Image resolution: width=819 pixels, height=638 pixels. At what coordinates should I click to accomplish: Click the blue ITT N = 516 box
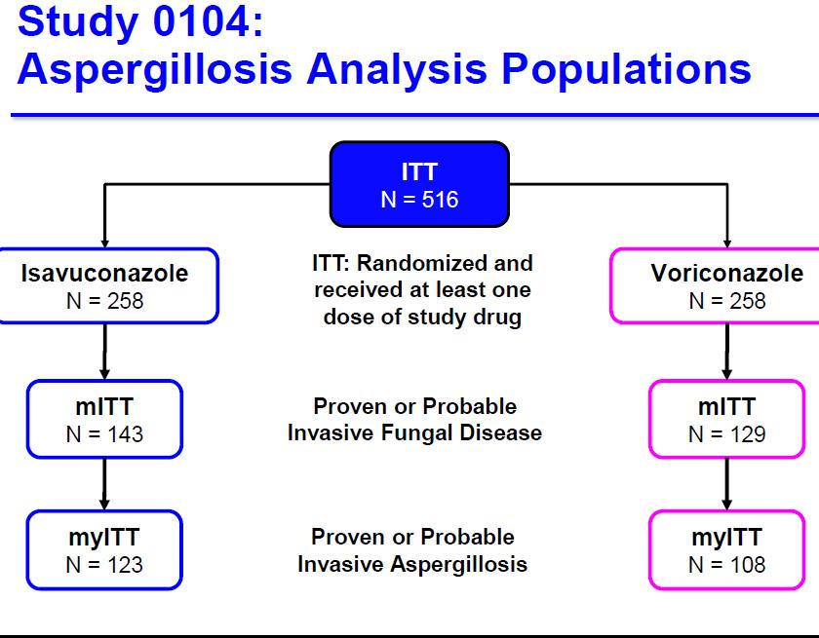[x=419, y=184]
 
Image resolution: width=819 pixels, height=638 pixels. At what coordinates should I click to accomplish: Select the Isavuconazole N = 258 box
[x=108, y=285]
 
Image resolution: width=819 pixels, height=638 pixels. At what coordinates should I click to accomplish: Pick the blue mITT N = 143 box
[x=104, y=420]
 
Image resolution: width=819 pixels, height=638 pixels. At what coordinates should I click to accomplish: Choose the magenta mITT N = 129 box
[x=727, y=420]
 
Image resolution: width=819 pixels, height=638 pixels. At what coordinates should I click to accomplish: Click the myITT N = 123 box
[x=104, y=549]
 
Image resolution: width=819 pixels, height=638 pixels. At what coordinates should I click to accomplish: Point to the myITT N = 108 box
[x=727, y=549]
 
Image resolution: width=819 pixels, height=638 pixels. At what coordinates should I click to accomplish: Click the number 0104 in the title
[x=202, y=21]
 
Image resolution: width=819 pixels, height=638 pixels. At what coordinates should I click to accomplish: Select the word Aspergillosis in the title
[x=155, y=70]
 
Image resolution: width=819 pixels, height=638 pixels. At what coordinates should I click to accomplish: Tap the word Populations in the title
[x=626, y=70]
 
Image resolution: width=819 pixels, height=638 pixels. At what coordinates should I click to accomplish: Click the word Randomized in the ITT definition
[x=422, y=263]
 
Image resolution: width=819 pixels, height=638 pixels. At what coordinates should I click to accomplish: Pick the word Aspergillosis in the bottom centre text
[x=458, y=564]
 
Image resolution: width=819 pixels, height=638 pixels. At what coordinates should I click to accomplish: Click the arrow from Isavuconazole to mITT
[x=104, y=352]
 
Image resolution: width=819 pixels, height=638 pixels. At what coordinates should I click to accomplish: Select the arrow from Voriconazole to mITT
[x=727, y=352]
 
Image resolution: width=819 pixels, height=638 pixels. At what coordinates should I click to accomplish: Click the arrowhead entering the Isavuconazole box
[x=104, y=244]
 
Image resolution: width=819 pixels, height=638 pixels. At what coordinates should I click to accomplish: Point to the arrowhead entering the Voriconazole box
[x=727, y=244]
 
